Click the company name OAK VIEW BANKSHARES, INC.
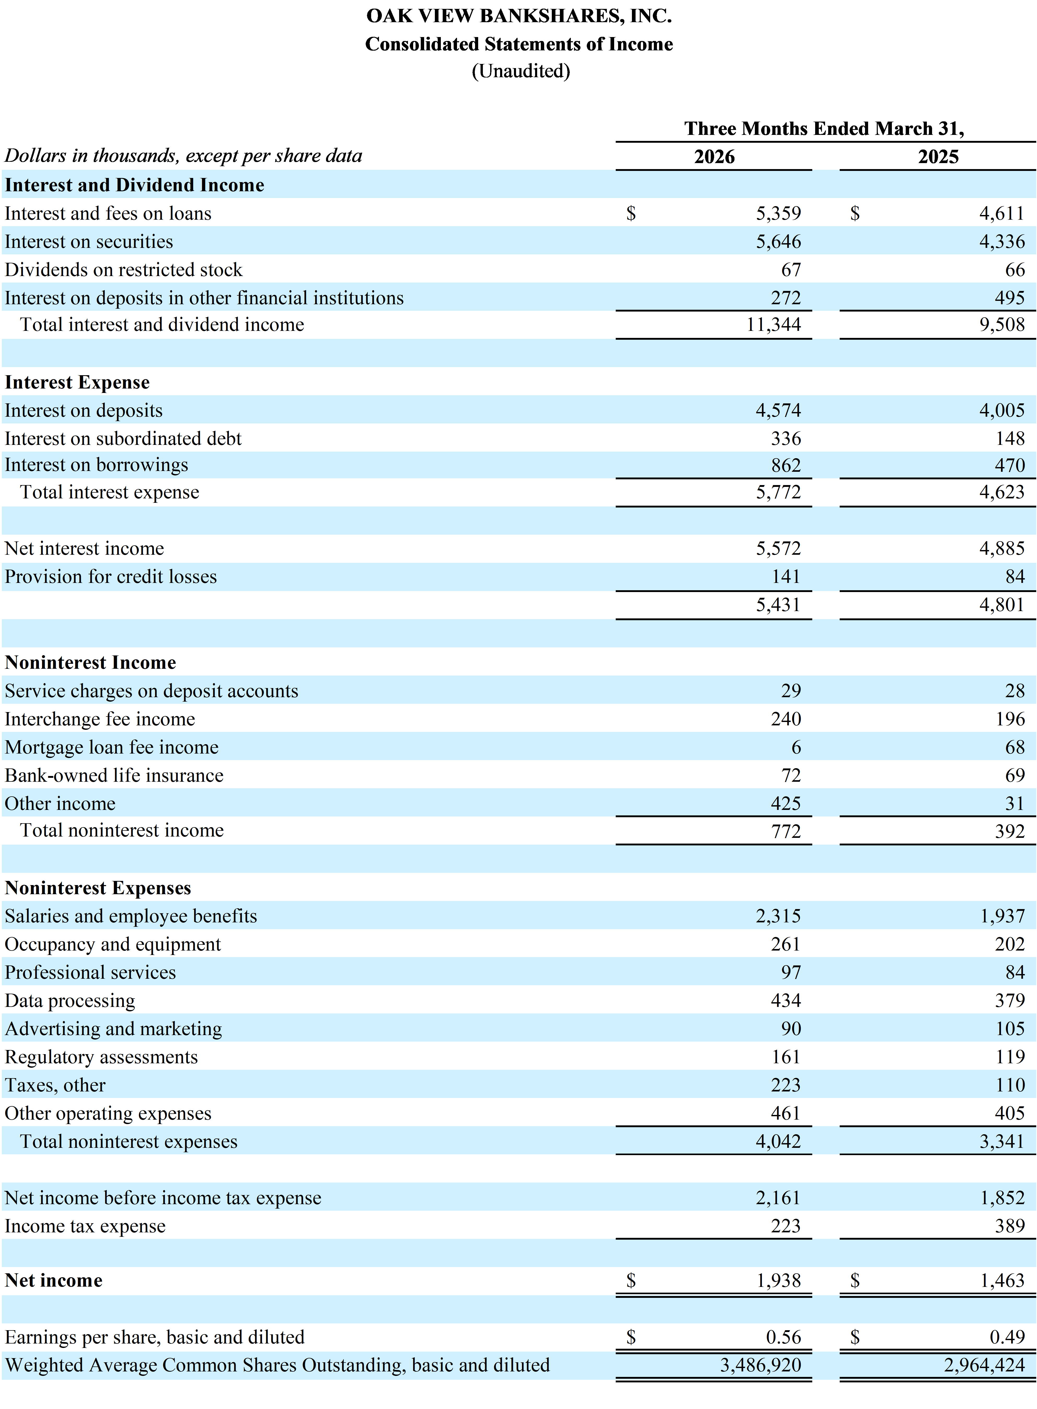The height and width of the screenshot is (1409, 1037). [519, 16]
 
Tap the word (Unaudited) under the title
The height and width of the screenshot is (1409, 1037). [521, 71]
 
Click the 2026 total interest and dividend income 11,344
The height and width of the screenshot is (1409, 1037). [774, 325]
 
